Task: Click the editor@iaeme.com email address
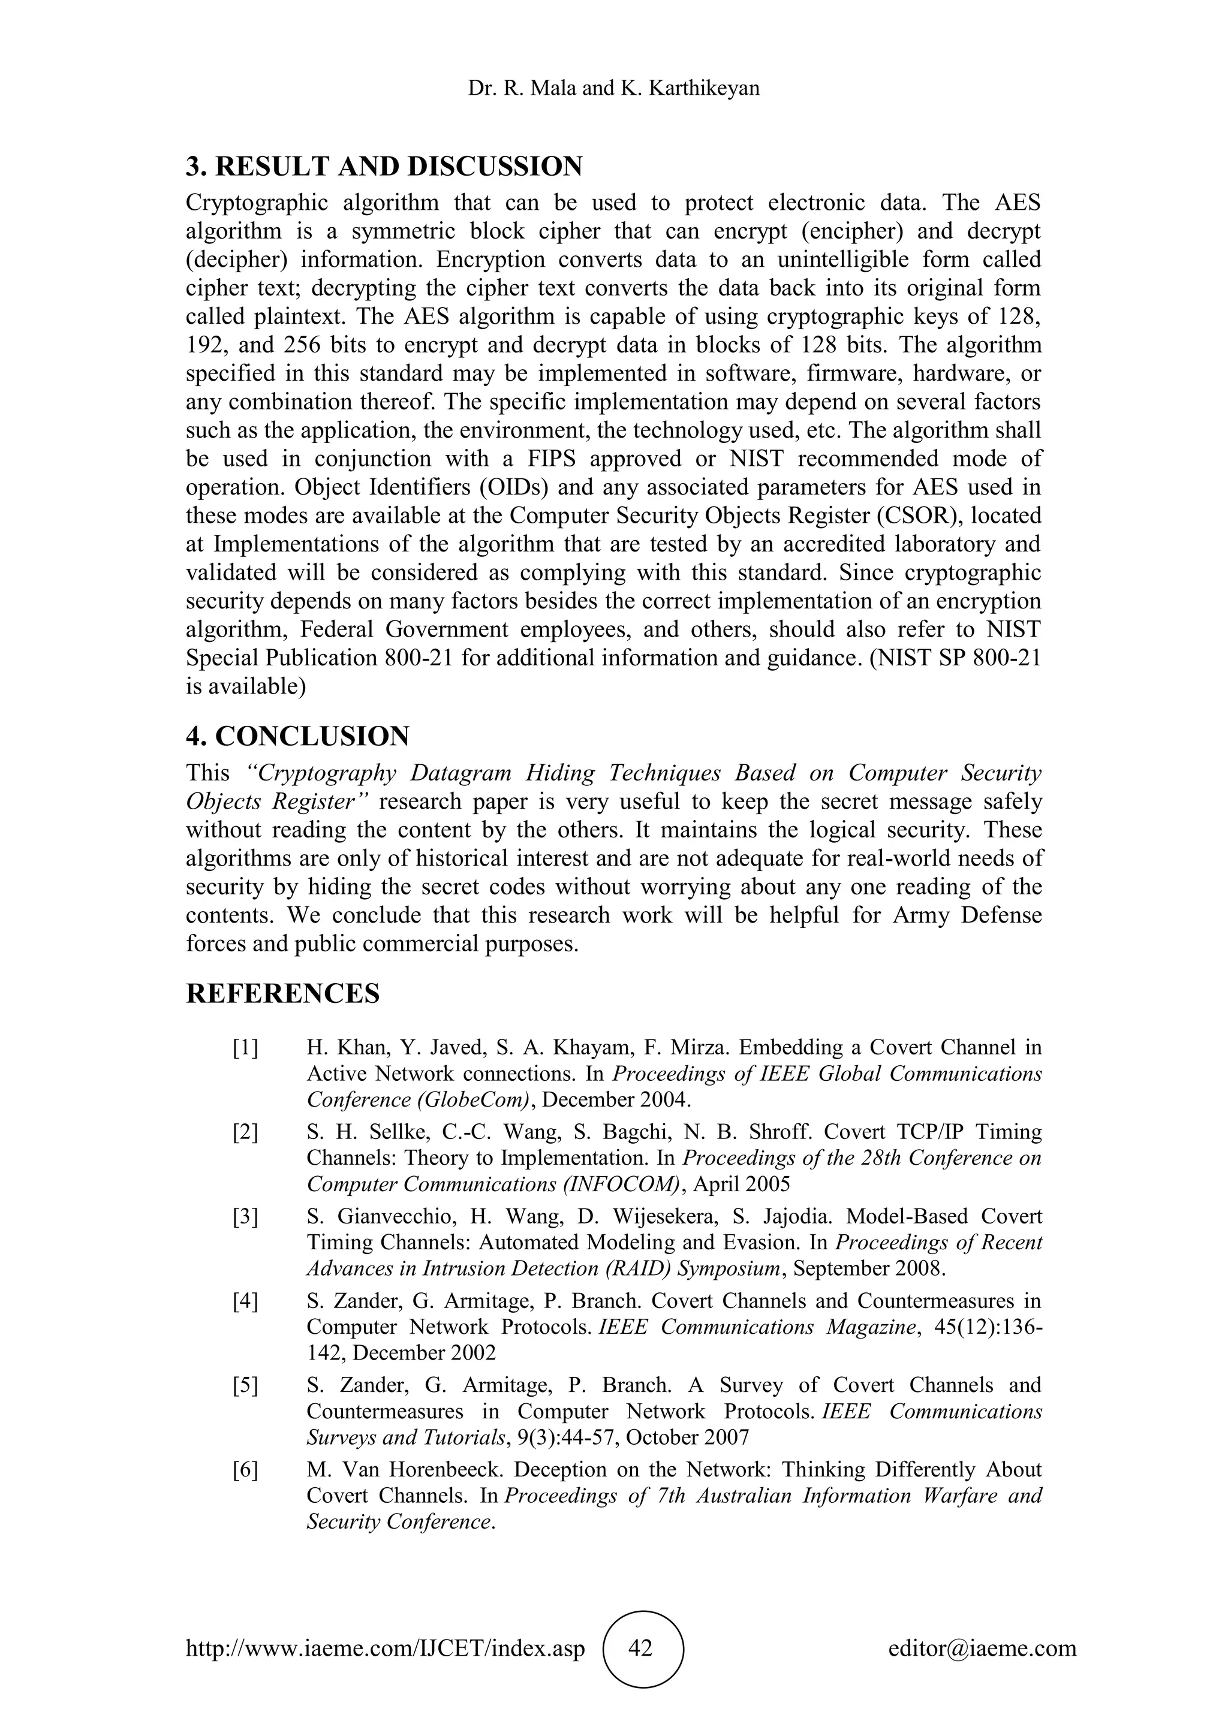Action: click(x=982, y=1647)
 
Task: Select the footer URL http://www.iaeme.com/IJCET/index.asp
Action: click(x=386, y=1647)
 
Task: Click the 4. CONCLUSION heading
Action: click(x=298, y=736)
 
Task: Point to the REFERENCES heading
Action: click(x=283, y=993)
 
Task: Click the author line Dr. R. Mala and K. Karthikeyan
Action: click(x=613, y=89)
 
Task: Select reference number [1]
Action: click(x=245, y=1048)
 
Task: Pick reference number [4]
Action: click(x=245, y=1301)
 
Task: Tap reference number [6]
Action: click(x=245, y=1470)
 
